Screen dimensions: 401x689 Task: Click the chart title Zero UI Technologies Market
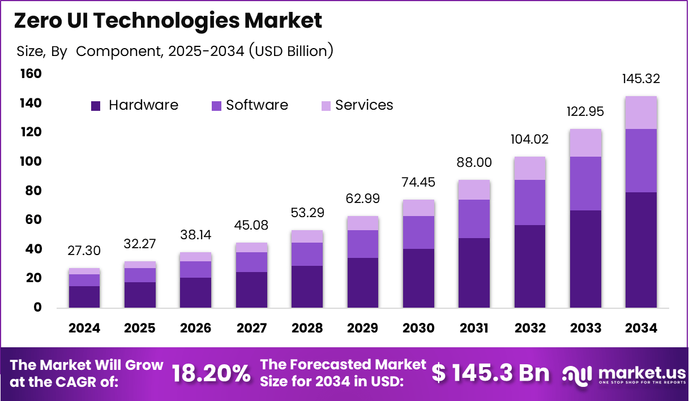tap(168, 20)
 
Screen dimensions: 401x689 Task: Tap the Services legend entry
tap(357, 105)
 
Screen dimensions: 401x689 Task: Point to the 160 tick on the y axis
tap(31, 74)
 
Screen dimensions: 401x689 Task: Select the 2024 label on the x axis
tap(84, 328)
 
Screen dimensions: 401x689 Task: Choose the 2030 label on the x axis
tap(418, 328)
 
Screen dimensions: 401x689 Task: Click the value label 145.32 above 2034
tap(641, 79)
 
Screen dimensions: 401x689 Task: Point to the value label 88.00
tap(474, 163)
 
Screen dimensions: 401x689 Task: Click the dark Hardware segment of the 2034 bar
tap(641, 250)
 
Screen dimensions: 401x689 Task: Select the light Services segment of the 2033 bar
tap(585, 143)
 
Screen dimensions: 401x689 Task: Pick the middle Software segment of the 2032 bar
tap(529, 202)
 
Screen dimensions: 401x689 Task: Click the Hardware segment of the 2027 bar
tap(251, 290)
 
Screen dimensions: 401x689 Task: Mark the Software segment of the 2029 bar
tap(363, 244)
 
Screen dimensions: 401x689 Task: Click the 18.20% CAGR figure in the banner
tap(211, 374)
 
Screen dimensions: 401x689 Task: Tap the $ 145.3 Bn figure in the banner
tap(490, 373)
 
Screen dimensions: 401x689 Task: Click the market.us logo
tap(623, 374)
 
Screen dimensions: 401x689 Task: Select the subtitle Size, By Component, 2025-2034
tap(174, 51)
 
